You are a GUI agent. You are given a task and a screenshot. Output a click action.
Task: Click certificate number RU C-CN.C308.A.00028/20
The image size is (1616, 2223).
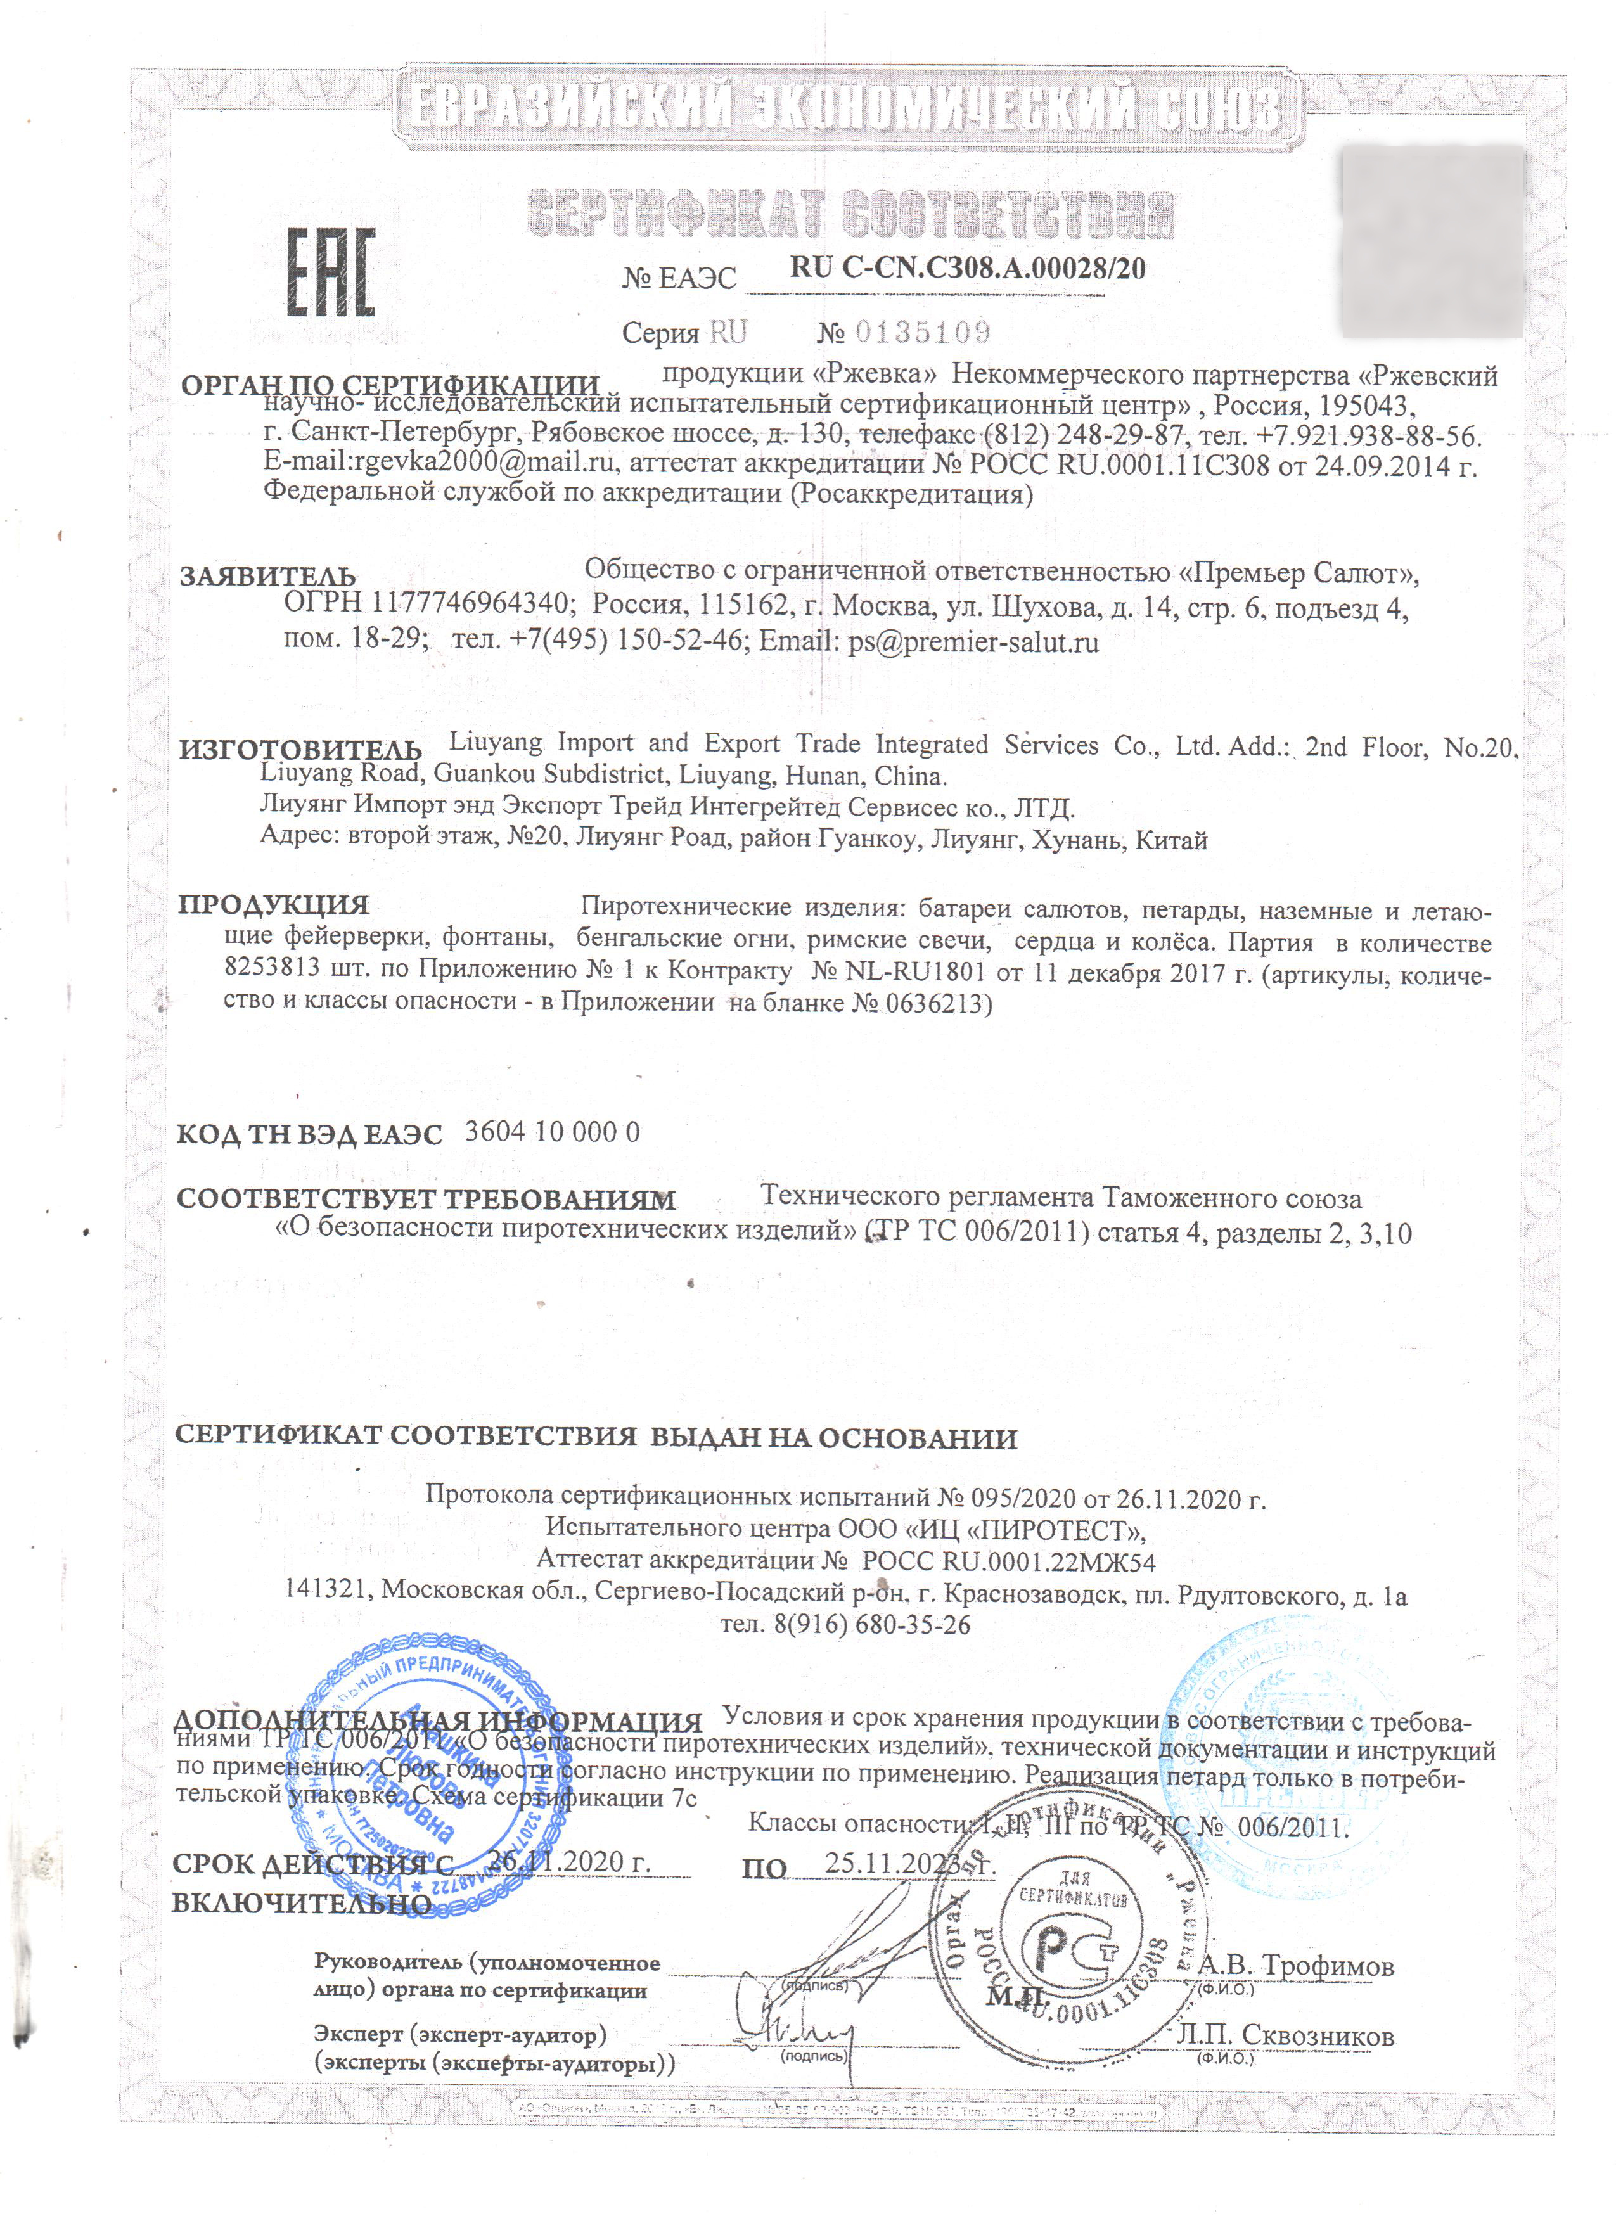[x=966, y=267]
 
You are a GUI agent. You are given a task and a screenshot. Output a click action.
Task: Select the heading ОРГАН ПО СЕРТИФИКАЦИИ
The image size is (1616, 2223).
[x=389, y=385]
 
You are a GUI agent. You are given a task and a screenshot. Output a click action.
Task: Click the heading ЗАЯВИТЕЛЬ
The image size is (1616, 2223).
[x=267, y=575]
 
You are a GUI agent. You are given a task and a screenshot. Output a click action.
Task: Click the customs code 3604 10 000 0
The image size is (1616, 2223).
[x=552, y=1132]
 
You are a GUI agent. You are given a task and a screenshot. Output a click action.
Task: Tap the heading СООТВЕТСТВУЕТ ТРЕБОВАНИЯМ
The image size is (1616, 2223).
[x=425, y=1199]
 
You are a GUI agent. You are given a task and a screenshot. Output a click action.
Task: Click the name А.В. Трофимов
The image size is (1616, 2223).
[x=1295, y=1964]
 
